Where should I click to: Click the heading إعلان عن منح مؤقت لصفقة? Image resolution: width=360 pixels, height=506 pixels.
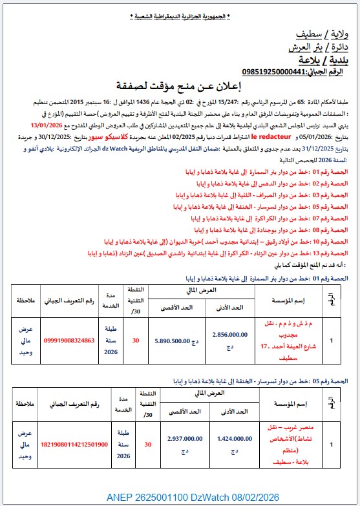[x=179, y=85]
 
